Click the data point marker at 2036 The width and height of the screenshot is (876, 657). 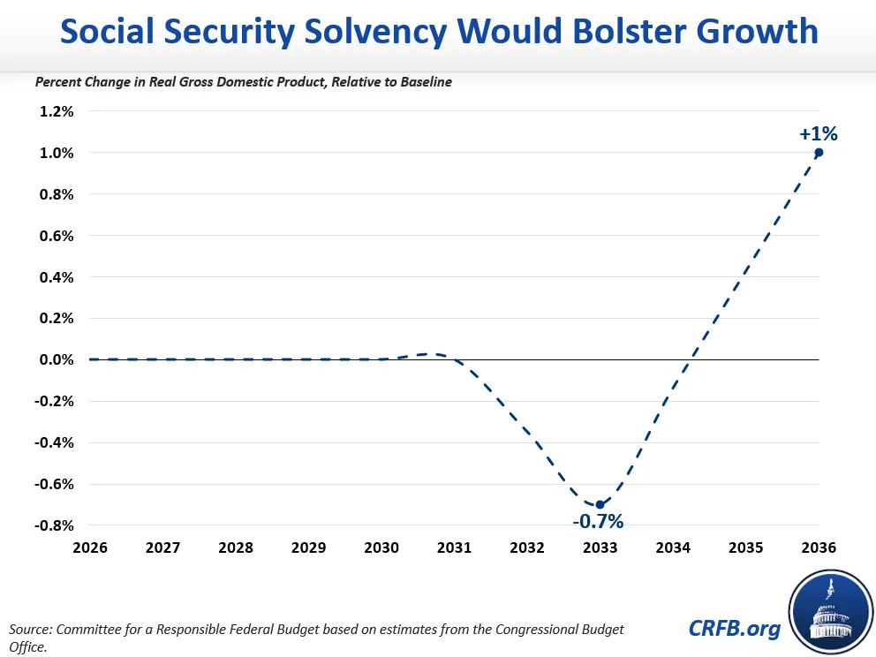click(x=819, y=153)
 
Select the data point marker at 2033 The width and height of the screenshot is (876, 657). click(x=600, y=504)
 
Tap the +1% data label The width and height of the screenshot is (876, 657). click(x=819, y=134)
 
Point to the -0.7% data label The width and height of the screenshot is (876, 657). click(x=598, y=522)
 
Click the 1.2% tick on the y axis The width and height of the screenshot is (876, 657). click(x=57, y=111)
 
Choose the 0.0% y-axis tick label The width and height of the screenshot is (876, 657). click(x=57, y=359)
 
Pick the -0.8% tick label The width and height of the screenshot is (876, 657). click(x=54, y=525)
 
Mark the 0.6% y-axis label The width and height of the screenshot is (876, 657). click(x=57, y=236)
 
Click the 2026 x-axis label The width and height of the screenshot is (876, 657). click(x=90, y=547)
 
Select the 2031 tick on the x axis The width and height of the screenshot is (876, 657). click(x=454, y=547)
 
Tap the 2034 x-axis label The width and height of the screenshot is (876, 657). click(x=673, y=547)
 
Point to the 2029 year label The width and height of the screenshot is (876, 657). click(x=308, y=547)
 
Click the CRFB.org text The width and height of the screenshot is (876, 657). click(x=734, y=629)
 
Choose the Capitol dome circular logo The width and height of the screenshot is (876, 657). click(x=831, y=612)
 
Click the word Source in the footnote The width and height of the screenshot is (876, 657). click(x=31, y=630)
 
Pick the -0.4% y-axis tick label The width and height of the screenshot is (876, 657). click(x=54, y=443)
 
